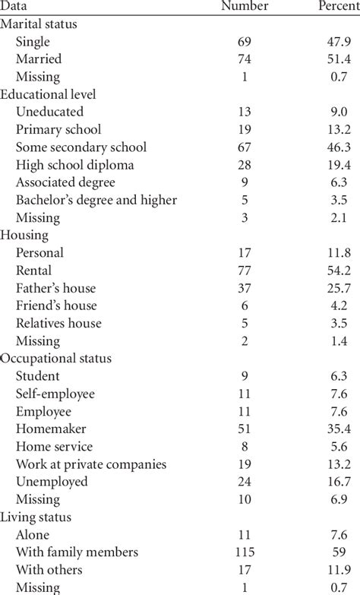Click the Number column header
(x=245, y=7)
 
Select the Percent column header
(x=338, y=7)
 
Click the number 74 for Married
(x=245, y=59)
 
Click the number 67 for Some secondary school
(x=245, y=147)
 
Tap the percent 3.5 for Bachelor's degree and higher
(x=338, y=200)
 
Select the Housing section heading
(x=26, y=235)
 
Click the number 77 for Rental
(x=245, y=270)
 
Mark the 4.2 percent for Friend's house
(x=338, y=305)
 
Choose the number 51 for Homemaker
(x=245, y=429)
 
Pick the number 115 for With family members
(x=245, y=552)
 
